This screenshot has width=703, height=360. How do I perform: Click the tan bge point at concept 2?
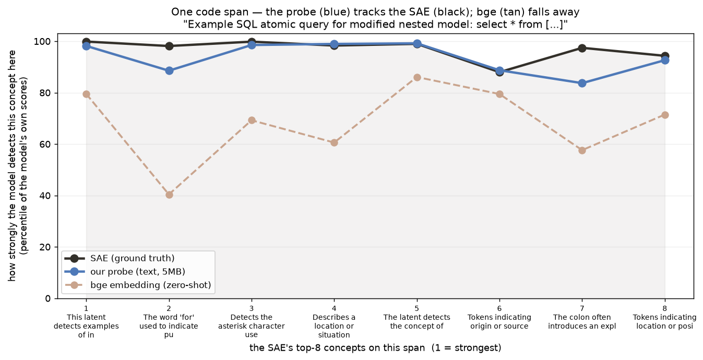(x=169, y=195)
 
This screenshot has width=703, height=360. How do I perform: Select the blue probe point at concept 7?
(x=582, y=83)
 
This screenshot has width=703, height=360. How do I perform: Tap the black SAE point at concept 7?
(x=582, y=48)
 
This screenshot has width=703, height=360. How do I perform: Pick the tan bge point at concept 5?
(x=417, y=78)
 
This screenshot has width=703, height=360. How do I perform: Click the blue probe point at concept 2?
(x=169, y=70)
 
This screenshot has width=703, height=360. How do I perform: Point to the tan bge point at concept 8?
(x=665, y=115)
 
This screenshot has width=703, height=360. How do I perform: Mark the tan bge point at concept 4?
(x=334, y=143)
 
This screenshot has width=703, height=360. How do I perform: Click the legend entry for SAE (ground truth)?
(x=120, y=258)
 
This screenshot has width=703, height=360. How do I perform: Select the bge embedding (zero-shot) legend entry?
(x=137, y=285)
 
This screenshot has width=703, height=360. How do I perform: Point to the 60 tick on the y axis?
(x=45, y=145)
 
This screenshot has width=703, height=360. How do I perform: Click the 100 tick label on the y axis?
(x=42, y=42)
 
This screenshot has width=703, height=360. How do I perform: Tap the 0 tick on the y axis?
(x=47, y=298)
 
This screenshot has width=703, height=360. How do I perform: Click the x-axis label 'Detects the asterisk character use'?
(x=252, y=326)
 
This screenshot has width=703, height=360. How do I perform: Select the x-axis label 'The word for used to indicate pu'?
(x=169, y=326)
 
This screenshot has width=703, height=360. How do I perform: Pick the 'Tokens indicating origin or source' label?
(x=499, y=322)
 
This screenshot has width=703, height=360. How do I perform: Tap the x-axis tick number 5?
(x=417, y=308)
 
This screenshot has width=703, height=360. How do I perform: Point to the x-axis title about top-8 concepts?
(x=375, y=348)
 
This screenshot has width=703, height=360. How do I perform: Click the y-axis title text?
(x=18, y=165)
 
